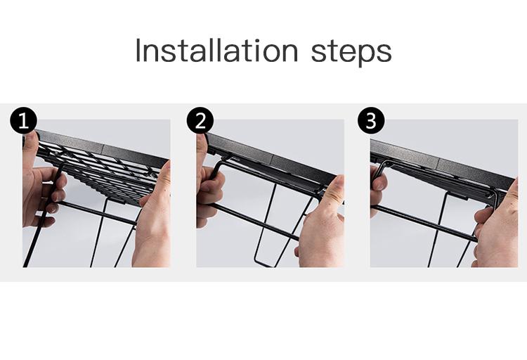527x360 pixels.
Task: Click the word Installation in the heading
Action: [217, 51]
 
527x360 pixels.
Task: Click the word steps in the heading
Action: [351, 52]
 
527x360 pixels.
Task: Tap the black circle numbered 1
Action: [23, 120]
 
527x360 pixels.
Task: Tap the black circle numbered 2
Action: [200, 120]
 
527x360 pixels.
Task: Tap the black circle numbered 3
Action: [371, 120]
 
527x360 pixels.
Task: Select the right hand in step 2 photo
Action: [321, 226]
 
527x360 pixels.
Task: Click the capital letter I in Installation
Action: [138, 51]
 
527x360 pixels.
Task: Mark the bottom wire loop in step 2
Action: [263, 263]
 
